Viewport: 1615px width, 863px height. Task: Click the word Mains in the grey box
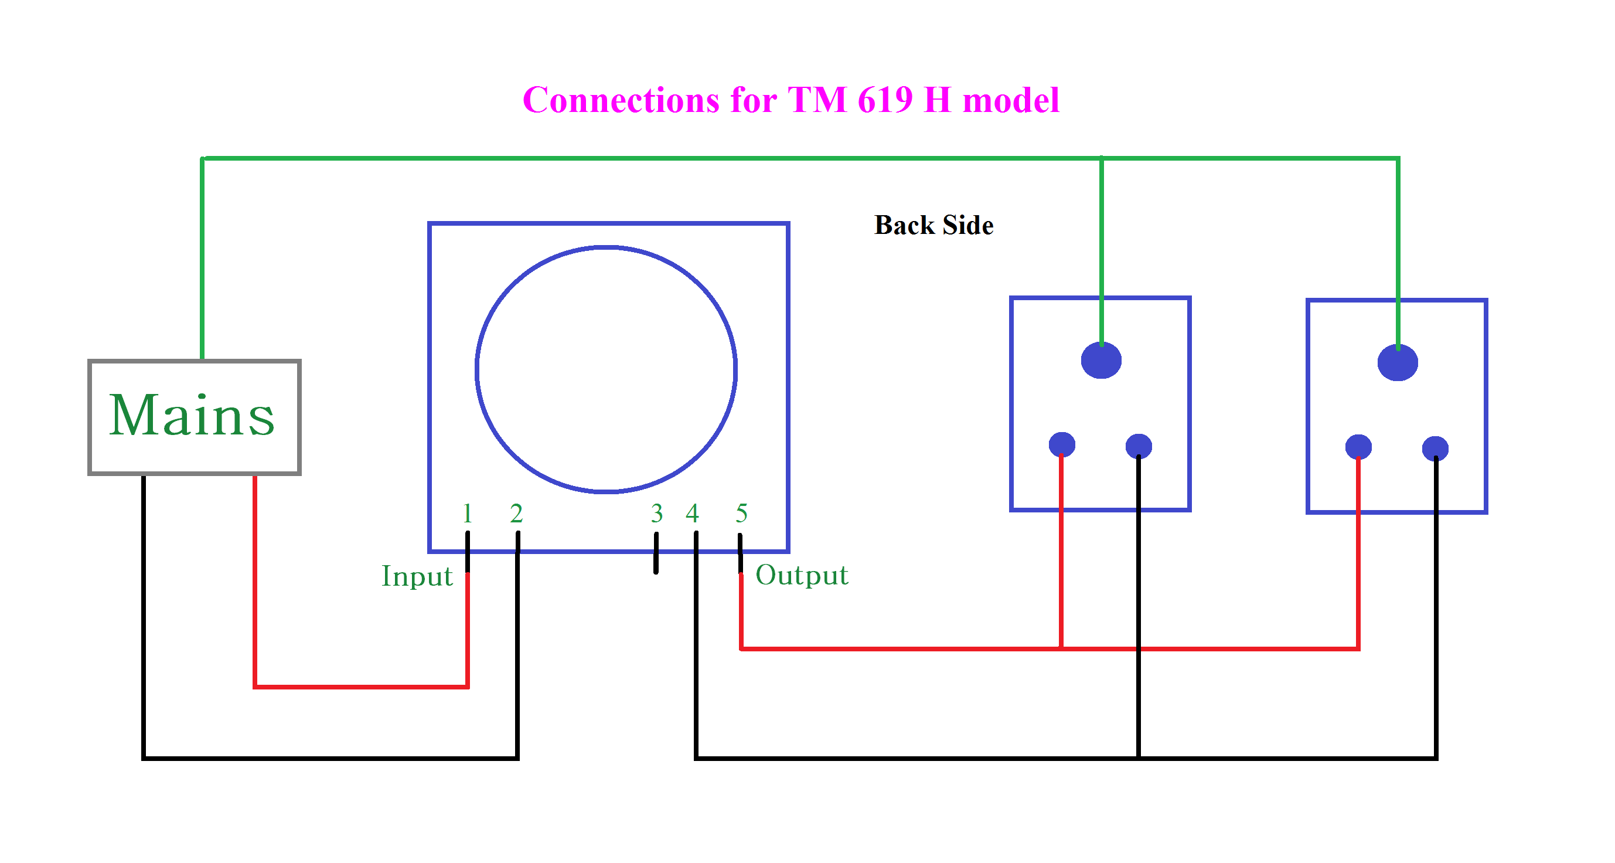pyautogui.click(x=192, y=415)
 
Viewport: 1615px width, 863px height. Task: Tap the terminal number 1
pyautogui.click(x=467, y=514)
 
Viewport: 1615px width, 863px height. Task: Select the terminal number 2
pyautogui.click(x=517, y=514)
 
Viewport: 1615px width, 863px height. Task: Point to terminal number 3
pyautogui.click(x=656, y=514)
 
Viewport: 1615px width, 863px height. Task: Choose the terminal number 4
pyautogui.click(x=692, y=514)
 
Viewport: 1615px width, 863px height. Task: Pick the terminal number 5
pyautogui.click(x=742, y=514)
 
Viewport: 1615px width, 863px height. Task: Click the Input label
pyautogui.click(x=417, y=576)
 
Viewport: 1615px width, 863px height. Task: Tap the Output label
pyautogui.click(x=802, y=575)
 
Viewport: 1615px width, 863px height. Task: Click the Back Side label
pyautogui.click(x=933, y=225)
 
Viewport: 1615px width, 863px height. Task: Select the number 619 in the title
pyautogui.click(x=885, y=100)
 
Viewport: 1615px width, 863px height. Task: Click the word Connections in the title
pyautogui.click(x=621, y=100)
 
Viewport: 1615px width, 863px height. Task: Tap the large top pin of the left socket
pyautogui.click(x=1101, y=360)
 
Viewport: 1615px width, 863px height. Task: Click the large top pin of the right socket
pyautogui.click(x=1398, y=362)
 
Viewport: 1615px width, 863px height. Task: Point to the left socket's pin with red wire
pyautogui.click(x=1061, y=444)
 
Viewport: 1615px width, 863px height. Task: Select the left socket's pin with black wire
pyautogui.click(x=1139, y=446)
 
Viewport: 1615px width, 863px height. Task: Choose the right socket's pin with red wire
pyautogui.click(x=1358, y=447)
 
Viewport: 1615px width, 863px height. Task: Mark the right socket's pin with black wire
pyautogui.click(x=1435, y=449)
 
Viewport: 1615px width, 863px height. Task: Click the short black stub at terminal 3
pyautogui.click(x=656, y=553)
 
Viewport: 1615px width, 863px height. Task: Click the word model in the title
pyautogui.click(x=1011, y=100)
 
